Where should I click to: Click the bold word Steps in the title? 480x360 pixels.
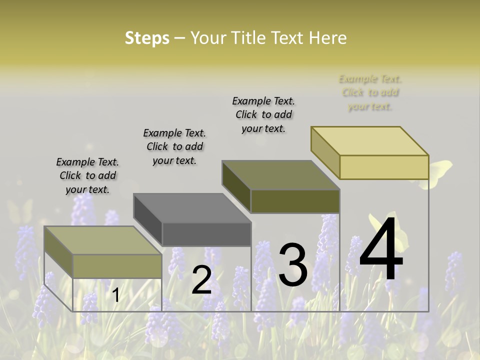pyautogui.click(x=147, y=38)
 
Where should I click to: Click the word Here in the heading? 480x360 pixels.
pyautogui.click(x=327, y=38)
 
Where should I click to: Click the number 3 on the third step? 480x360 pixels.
pyautogui.click(x=293, y=265)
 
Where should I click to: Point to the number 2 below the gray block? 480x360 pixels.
pyautogui.click(x=201, y=280)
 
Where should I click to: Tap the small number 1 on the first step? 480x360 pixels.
pyautogui.click(x=115, y=295)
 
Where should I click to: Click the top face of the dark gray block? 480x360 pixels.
pyautogui.click(x=192, y=208)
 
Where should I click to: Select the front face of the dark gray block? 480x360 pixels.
pyautogui.click(x=206, y=234)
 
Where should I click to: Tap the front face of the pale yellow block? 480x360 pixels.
pyautogui.click(x=384, y=167)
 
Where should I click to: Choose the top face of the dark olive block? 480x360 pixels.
pyautogui.click(x=280, y=175)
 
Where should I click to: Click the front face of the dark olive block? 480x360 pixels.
pyautogui.click(x=295, y=201)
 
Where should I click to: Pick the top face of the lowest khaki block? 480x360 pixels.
pyautogui.click(x=103, y=240)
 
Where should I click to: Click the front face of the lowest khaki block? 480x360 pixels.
pyautogui.click(x=117, y=266)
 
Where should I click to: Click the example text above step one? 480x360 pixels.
pyautogui.click(x=87, y=175)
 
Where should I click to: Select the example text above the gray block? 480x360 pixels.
pyautogui.click(x=174, y=146)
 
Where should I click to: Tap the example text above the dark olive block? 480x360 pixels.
pyautogui.click(x=263, y=114)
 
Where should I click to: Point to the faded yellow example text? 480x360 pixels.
pyautogui.click(x=370, y=92)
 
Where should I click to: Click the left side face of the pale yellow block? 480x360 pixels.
pyautogui.click(x=325, y=148)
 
